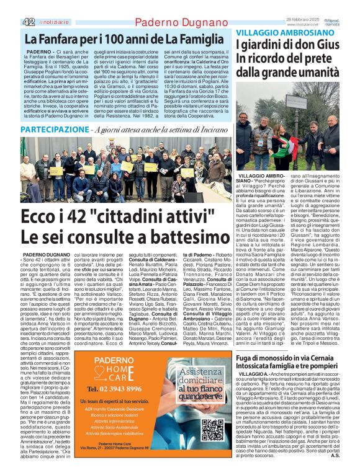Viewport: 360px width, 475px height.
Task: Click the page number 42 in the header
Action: coord(29,22)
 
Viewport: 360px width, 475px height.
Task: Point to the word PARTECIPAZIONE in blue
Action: coord(54,130)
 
